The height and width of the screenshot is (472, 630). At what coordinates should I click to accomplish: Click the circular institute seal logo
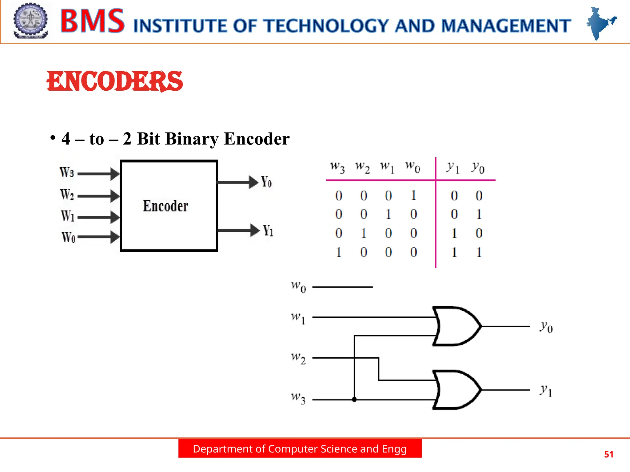30,21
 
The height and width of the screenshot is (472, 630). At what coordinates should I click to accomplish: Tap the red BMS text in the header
92,21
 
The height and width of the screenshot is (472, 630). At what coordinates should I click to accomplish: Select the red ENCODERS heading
115,81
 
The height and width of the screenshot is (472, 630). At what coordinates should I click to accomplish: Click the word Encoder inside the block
165,206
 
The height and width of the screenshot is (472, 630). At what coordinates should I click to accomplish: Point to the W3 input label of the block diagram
67,172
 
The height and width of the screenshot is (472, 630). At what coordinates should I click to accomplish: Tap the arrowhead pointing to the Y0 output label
253,182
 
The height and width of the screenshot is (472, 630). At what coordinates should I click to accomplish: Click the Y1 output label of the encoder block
268,231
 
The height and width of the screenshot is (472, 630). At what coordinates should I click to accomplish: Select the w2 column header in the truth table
362,167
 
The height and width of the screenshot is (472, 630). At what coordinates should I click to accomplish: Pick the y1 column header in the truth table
453,168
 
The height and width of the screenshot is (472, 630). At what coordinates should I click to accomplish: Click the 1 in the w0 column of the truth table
413,195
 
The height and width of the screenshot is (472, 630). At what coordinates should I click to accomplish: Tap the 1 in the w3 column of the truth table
338,252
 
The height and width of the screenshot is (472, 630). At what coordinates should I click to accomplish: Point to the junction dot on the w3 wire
354,399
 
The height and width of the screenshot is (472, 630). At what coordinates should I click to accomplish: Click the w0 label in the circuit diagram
298,287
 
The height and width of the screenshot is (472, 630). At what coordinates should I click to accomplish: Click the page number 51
608,454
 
